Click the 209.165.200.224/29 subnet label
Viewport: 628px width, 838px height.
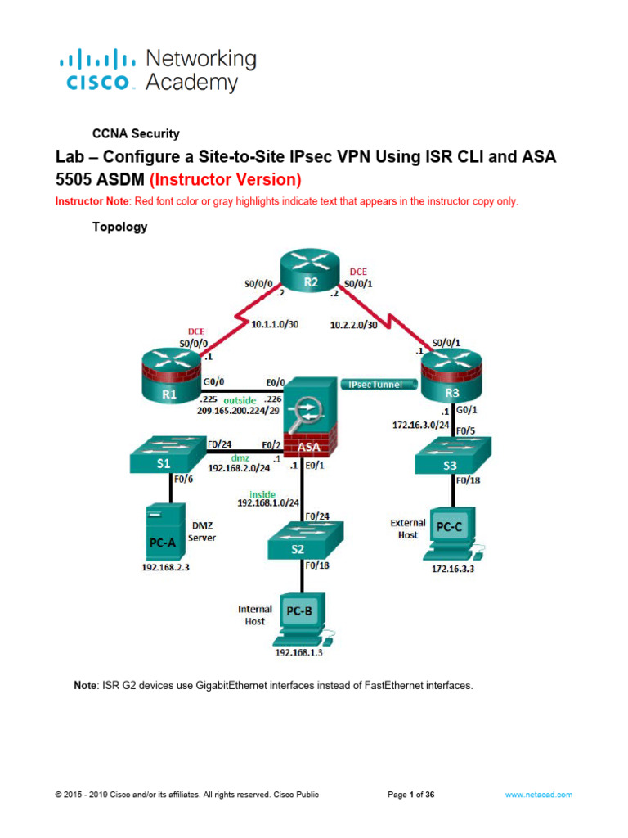coord(237,412)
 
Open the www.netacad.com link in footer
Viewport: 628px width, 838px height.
coord(538,794)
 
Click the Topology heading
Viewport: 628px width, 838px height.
coord(119,228)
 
